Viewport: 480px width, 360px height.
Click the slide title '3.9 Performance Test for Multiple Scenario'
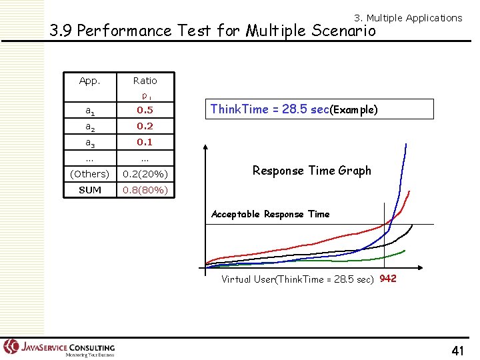click(213, 31)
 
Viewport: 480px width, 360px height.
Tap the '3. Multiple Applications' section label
click(407, 18)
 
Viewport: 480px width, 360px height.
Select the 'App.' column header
click(89, 81)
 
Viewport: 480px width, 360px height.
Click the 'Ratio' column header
click(145, 81)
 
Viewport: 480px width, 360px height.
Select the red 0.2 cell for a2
click(145, 126)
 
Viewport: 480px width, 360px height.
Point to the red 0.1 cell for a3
click(145, 142)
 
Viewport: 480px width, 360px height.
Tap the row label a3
click(89, 142)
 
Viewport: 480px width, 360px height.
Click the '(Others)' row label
click(89, 174)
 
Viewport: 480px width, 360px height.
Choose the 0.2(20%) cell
click(145, 174)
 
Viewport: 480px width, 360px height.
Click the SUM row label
click(89, 190)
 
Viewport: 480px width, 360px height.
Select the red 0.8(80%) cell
click(145, 190)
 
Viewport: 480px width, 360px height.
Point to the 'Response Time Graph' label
click(311, 171)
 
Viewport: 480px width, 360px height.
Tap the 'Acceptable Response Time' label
click(270, 214)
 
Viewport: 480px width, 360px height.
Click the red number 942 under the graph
click(388, 279)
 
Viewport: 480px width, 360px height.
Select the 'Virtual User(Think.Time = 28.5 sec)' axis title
click(297, 279)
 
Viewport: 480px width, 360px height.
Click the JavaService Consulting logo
click(59, 347)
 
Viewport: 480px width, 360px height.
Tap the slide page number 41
click(457, 349)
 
